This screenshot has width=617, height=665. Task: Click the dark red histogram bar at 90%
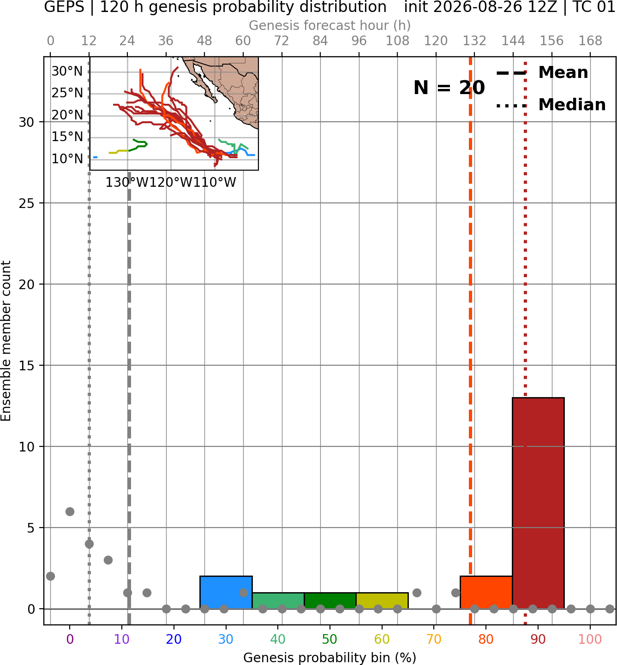tap(538, 503)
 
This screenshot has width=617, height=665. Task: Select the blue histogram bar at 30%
tap(226, 593)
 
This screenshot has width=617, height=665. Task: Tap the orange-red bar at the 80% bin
tap(486, 593)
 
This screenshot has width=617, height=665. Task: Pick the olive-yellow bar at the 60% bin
tap(382, 601)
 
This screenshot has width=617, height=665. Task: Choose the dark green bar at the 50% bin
tap(330, 601)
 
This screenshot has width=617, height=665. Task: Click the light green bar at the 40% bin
tap(278, 601)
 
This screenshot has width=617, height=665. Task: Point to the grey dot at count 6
tap(70, 511)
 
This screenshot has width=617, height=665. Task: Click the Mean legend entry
tap(542, 73)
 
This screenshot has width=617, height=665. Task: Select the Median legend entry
tap(551, 105)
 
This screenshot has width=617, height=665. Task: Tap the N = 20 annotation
tap(449, 88)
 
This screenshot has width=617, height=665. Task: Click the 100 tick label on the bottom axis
tap(590, 639)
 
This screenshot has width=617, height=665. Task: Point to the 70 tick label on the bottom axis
tap(434, 639)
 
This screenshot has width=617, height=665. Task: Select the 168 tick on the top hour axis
tap(591, 41)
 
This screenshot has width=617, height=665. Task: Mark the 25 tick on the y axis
tap(27, 203)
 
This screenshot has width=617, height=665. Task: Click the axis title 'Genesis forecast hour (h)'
tap(330, 25)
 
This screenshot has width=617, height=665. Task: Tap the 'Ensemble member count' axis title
tap(6, 341)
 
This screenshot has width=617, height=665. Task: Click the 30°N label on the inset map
tap(67, 71)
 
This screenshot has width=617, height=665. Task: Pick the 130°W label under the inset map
tap(127, 183)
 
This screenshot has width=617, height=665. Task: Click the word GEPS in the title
tap(64, 7)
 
